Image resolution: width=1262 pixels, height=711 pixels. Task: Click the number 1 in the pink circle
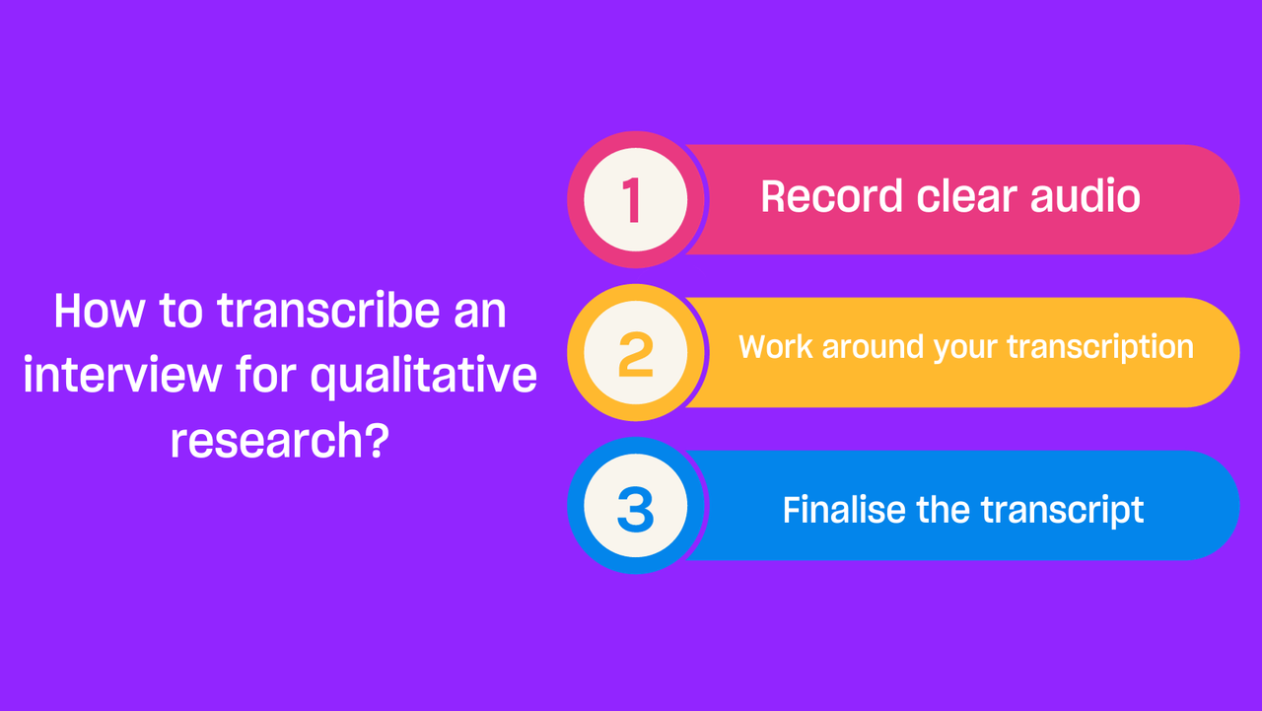pos(632,200)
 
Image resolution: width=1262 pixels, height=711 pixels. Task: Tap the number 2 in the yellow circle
pos(636,354)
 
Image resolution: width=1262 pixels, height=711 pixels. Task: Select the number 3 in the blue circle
pos(636,509)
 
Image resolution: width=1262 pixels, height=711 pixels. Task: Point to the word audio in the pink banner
pos(1086,196)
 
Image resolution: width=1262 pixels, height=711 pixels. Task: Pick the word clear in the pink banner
pos(967,196)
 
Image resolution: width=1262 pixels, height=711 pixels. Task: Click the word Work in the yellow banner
pos(776,346)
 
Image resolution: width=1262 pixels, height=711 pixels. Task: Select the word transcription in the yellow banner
pos(1100,348)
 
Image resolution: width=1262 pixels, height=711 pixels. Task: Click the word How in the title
pos(100,311)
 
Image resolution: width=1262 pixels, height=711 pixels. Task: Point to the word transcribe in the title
pos(328,310)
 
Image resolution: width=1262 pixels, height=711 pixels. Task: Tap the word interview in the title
pos(122,375)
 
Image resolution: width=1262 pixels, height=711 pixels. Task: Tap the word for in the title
pos(266,374)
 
